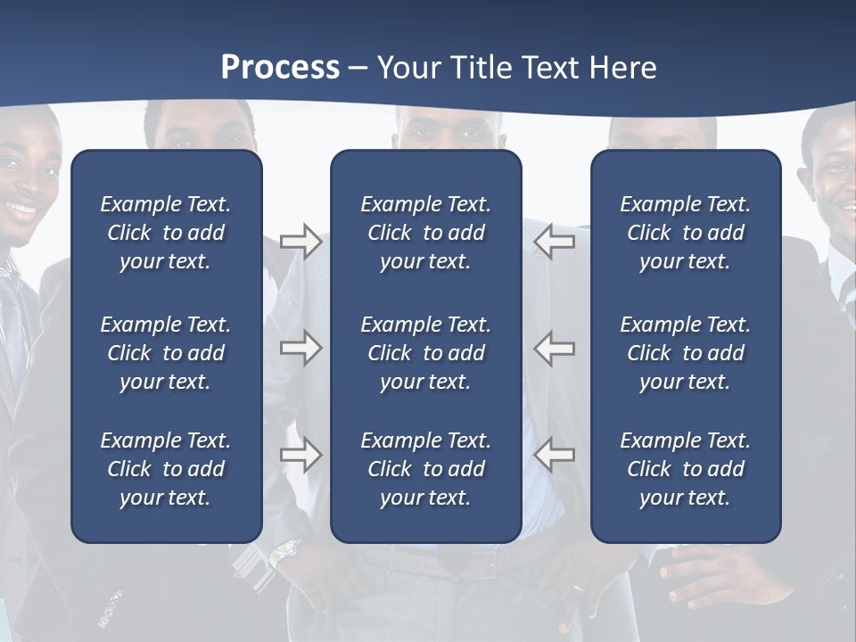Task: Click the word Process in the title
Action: (x=280, y=68)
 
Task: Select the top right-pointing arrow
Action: (x=300, y=242)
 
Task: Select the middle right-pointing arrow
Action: (x=300, y=348)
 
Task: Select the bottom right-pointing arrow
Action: (x=300, y=455)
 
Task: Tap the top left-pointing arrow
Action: (x=555, y=242)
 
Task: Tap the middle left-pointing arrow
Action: (x=555, y=348)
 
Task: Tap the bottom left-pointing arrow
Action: (x=555, y=455)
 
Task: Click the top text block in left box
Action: (x=166, y=233)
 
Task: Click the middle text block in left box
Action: (x=166, y=353)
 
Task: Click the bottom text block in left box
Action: (x=166, y=469)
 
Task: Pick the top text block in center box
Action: (x=425, y=233)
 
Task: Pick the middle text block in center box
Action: (x=425, y=353)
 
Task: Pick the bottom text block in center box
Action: (x=425, y=469)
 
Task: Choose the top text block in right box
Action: (x=685, y=233)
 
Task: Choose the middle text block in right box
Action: (x=685, y=353)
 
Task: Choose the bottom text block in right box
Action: (x=685, y=469)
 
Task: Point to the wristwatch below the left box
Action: (x=284, y=554)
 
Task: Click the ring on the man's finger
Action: (x=579, y=588)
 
